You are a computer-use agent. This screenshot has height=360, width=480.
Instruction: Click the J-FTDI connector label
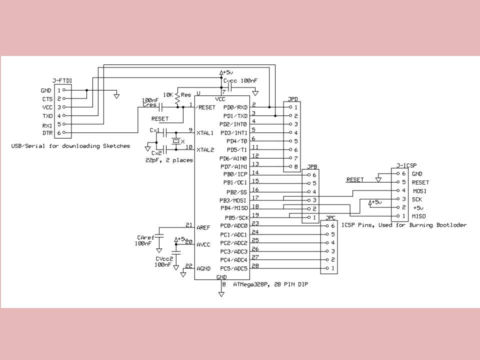coord(62,81)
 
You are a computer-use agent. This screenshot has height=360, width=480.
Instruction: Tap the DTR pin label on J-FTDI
coord(47,133)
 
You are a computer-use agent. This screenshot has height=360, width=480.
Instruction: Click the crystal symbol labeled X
coord(176,141)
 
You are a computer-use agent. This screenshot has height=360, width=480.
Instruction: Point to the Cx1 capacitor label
coord(154,130)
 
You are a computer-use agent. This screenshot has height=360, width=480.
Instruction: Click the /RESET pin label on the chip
coord(205,107)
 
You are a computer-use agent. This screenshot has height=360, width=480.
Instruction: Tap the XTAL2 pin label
coord(205,150)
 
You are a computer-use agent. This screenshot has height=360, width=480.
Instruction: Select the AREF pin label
coord(203,228)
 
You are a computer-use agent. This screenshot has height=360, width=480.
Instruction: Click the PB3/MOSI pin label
coord(233,200)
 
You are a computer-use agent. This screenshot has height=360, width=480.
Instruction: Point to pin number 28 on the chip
coord(255,265)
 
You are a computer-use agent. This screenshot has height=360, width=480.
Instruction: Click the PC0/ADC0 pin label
coord(233,226)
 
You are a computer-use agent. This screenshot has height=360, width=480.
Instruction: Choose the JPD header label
coord(293,99)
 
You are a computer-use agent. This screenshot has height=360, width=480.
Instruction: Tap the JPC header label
coord(330,218)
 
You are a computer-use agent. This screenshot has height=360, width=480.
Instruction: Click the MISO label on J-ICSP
coord(419,216)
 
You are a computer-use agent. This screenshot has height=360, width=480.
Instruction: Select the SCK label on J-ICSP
coord(417,199)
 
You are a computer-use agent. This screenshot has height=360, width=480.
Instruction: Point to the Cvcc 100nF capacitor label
coord(240,81)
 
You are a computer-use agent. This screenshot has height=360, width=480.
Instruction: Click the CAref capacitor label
coord(145,237)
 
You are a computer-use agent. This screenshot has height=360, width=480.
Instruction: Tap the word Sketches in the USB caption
coord(116,146)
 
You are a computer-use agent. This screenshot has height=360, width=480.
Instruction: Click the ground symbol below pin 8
coord(221,294)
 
